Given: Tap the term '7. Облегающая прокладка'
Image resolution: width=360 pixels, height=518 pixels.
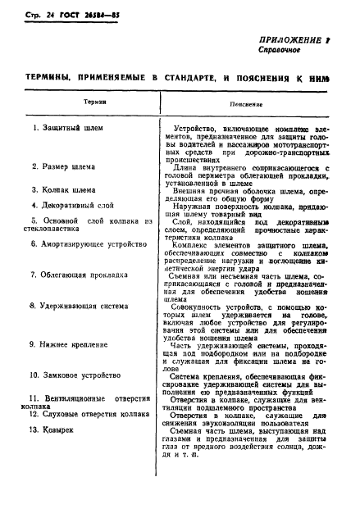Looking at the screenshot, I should click(75, 275).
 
